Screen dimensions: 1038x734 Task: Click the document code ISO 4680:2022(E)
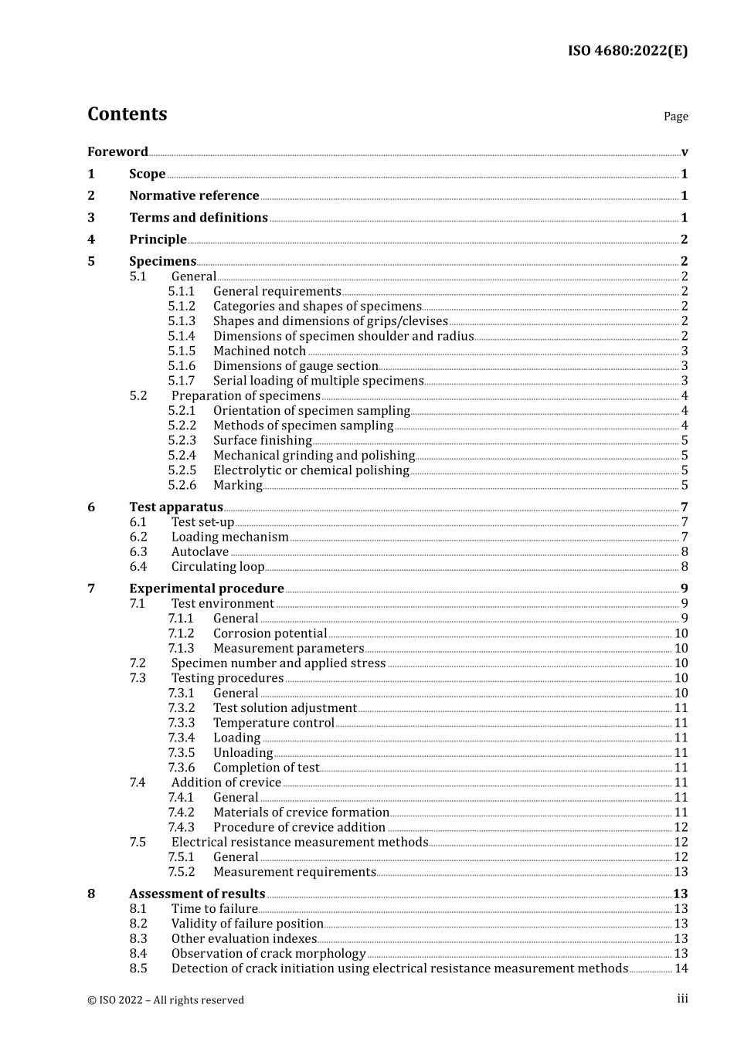coord(627,51)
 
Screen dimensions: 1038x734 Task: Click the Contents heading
coord(127,114)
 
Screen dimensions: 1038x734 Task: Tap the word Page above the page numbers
coord(675,117)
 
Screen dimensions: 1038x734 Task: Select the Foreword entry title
coord(117,151)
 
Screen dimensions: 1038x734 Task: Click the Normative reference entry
coord(194,195)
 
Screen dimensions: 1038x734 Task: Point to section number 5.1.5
coord(182,351)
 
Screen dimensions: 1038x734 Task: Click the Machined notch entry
coord(260,351)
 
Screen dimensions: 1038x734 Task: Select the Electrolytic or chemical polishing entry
coord(311,470)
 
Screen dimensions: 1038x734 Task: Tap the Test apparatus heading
coord(176,507)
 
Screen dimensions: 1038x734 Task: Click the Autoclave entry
coord(200,551)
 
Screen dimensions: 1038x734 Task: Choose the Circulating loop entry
coord(218,567)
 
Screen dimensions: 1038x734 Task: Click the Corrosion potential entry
coord(270,633)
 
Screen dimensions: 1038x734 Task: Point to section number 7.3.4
coord(182,738)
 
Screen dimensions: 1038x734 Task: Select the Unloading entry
coord(243,753)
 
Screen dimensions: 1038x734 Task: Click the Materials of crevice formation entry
coord(301,812)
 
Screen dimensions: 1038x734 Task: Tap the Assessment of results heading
coord(197,894)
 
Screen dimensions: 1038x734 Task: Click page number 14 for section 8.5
coord(681,968)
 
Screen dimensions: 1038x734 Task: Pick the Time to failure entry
coord(214,909)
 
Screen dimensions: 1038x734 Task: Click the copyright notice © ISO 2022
coord(165,1000)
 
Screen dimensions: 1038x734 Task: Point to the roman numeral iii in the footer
coord(682,999)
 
